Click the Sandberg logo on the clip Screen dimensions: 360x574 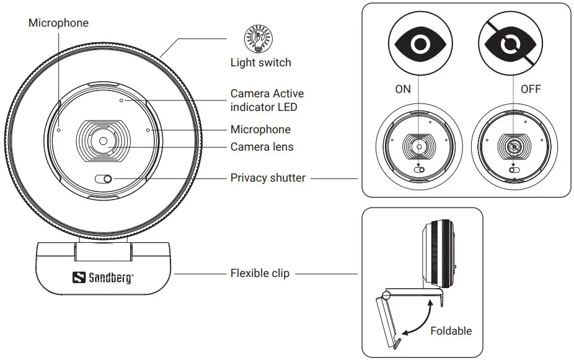point(104,278)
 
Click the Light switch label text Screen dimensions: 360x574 point(260,62)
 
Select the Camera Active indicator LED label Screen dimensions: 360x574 point(267,100)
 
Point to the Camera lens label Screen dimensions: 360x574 point(262,147)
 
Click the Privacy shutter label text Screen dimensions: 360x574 point(268,178)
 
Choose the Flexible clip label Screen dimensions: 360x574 point(260,273)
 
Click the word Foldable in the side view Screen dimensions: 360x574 point(451,331)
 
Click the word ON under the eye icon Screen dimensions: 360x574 point(403,89)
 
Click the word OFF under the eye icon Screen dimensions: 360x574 point(531,89)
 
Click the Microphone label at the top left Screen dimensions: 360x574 point(58,23)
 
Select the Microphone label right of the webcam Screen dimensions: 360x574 point(260,130)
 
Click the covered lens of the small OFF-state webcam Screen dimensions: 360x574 point(514,147)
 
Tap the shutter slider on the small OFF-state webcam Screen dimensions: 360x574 point(514,169)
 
